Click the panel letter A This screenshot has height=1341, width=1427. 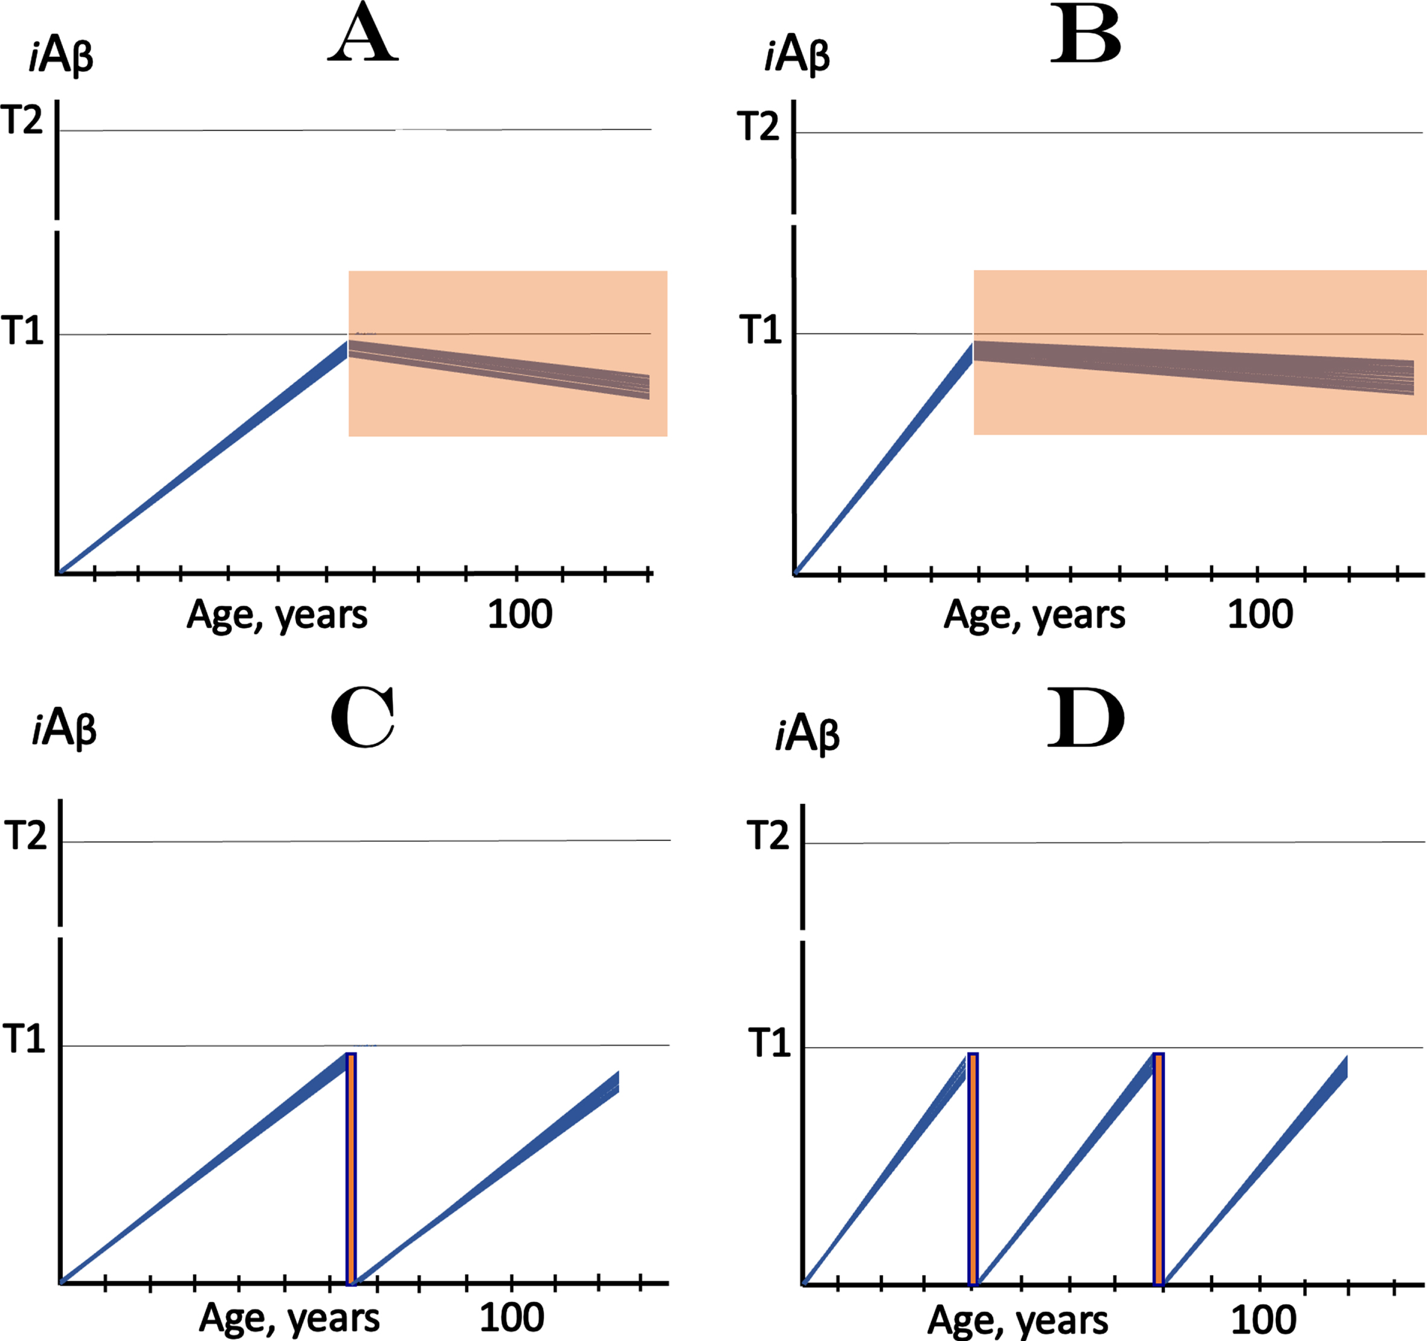[362, 34]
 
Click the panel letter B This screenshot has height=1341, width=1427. [1085, 36]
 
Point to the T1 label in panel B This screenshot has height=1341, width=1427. [760, 329]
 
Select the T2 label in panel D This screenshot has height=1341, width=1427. [768, 835]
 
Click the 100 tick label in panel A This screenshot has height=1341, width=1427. [520, 614]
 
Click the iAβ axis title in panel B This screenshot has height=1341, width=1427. [797, 54]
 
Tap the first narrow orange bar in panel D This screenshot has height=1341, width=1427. [973, 1169]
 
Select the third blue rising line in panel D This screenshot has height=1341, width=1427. [1255, 1170]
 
